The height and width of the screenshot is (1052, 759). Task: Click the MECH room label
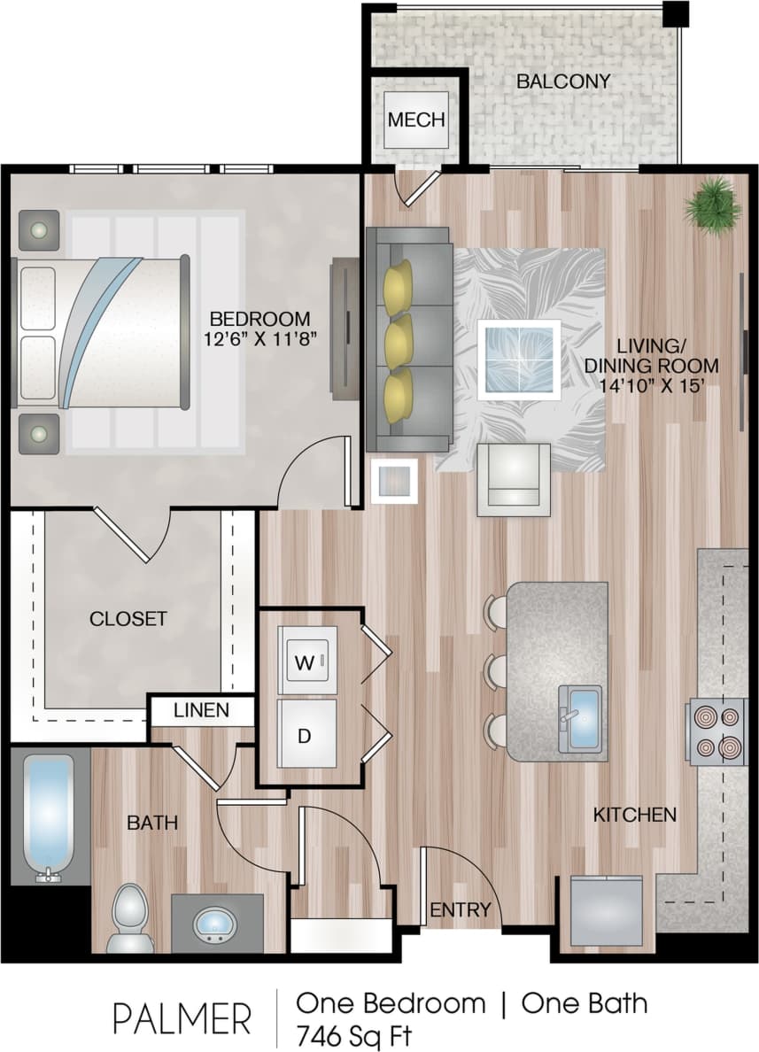[x=415, y=120]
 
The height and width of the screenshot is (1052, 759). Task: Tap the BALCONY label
[x=563, y=81]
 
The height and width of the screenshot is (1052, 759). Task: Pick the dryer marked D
[x=306, y=734]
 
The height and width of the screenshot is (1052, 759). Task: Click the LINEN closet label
[x=201, y=709]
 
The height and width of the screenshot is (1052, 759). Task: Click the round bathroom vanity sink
[x=216, y=924]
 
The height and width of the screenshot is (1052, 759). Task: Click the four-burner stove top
[x=716, y=731]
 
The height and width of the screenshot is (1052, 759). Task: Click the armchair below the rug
[x=513, y=479]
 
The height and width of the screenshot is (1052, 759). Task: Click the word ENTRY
[x=460, y=909]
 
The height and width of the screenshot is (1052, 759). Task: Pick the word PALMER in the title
[x=182, y=1019]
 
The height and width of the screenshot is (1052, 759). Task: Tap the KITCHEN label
[x=635, y=814]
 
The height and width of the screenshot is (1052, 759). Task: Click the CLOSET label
[x=128, y=618]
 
